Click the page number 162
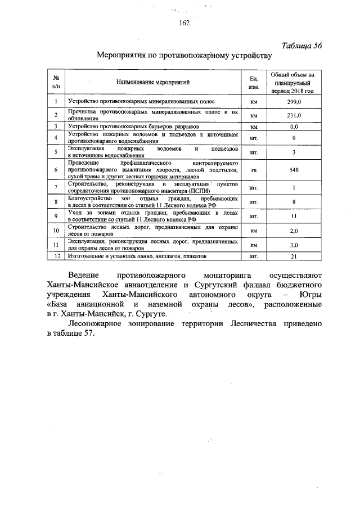(184, 23)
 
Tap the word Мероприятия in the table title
(121, 56)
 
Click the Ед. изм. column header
(253, 82)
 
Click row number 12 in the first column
(56, 256)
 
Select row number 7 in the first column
(56, 187)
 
